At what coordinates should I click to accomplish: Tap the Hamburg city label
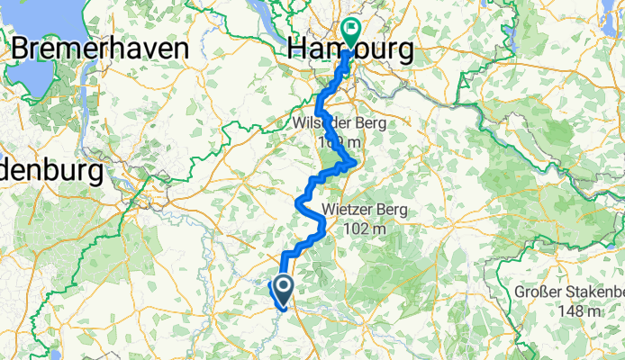click(351, 51)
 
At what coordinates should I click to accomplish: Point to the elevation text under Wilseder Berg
click(339, 143)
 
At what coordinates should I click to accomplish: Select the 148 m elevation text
click(582, 311)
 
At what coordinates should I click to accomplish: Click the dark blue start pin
click(282, 289)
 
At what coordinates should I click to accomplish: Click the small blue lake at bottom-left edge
click(54, 354)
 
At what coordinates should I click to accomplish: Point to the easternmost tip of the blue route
click(356, 163)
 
